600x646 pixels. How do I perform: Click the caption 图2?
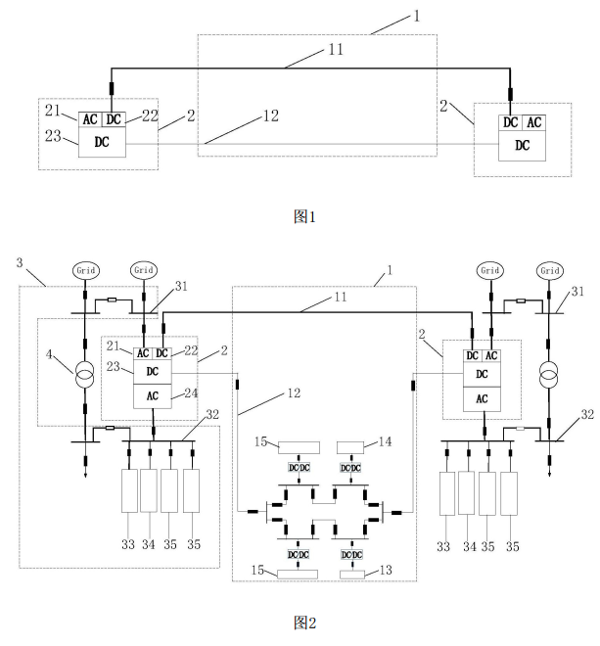pyautogui.click(x=301, y=623)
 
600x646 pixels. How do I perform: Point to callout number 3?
pyautogui.click(x=20, y=264)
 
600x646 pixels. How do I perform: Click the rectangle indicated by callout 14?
pyautogui.click(x=351, y=447)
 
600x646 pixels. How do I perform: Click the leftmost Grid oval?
pyautogui.click(x=84, y=270)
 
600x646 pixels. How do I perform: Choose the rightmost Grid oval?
pyautogui.click(x=550, y=270)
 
